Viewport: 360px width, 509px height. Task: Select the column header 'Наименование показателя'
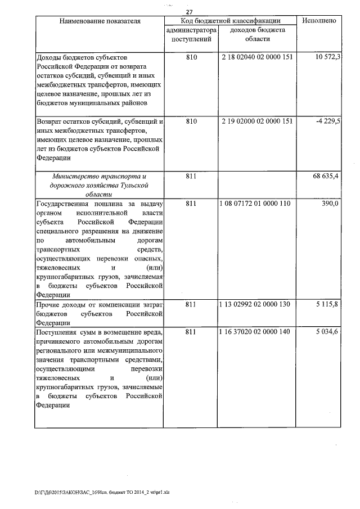[99, 21]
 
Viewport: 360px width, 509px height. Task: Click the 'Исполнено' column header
[319, 21]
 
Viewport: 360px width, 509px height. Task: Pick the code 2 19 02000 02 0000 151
[256, 121]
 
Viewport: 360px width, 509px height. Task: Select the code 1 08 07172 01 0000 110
[256, 203]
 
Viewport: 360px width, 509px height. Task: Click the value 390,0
[329, 203]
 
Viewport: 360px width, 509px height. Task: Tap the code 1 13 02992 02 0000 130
[256, 304]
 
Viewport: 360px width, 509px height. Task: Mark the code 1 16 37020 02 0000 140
[256, 332]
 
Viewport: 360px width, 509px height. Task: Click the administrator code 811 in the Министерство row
[191, 176]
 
